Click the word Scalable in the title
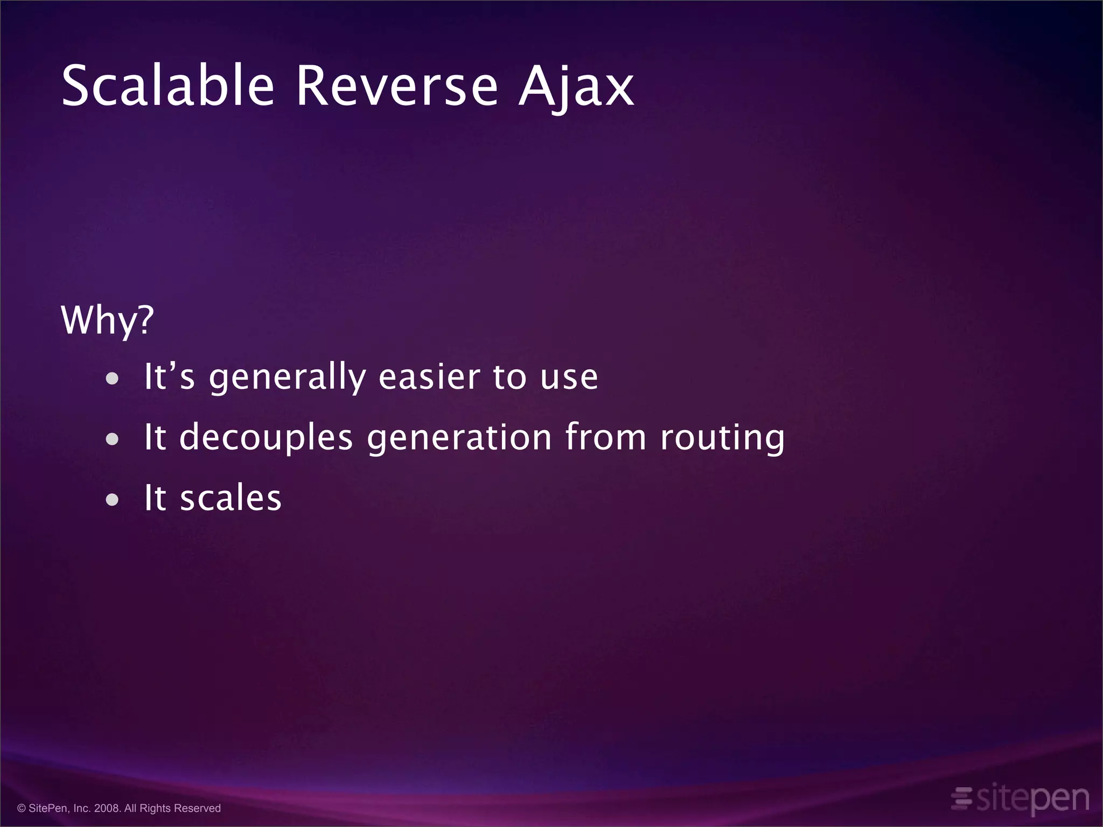[x=168, y=86]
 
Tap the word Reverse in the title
[x=397, y=86]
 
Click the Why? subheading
[x=107, y=320]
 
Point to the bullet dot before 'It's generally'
[x=112, y=379]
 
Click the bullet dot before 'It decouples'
[x=112, y=439]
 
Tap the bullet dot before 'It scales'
[x=112, y=500]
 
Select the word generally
[x=288, y=378]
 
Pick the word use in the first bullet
[x=569, y=378]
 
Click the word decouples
[x=266, y=438]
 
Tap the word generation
[x=459, y=438]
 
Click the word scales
[x=231, y=498]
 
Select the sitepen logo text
[x=1033, y=800]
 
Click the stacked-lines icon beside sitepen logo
[x=962, y=798]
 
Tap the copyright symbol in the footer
[x=22, y=808]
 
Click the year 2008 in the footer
[x=107, y=808]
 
